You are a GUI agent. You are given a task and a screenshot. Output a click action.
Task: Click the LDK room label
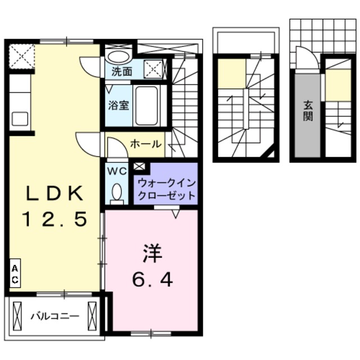pyautogui.click(x=55, y=194)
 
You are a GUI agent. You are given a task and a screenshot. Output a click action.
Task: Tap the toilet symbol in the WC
pyautogui.click(x=117, y=192)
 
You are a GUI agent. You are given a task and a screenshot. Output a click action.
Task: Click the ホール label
pyautogui.click(x=146, y=145)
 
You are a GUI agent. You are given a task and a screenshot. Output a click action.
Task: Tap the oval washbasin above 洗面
pyautogui.click(x=118, y=57)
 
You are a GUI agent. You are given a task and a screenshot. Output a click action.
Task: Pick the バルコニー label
pyautogui.click(x=55, y=316)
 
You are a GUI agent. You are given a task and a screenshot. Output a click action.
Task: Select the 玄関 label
pyautogui.click(x=309, y=110)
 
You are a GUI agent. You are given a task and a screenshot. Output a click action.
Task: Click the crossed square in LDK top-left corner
pyautogui.click(x=21, y=56)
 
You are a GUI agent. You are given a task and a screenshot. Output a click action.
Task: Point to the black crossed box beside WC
pyautogui.click(x=139, y=166)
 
